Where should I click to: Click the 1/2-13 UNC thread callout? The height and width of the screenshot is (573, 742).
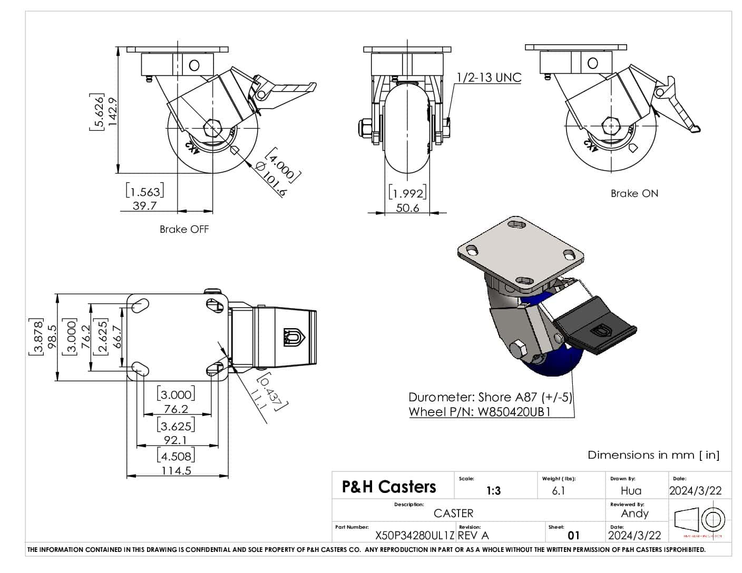point(489,77)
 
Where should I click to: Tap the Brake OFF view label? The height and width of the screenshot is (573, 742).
point(184,229)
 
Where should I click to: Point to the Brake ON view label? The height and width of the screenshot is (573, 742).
point(634,193)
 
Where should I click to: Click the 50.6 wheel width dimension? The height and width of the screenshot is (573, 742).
point(407,208)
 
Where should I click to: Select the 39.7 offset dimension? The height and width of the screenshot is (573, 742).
point(144,205)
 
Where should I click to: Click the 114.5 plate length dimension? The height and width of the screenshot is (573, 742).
point(176,470)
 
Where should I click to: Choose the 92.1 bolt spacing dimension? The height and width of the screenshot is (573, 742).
point(176,440)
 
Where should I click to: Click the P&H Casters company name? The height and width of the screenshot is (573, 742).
point(389,487)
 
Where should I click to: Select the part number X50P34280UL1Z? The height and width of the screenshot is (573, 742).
point(414,536)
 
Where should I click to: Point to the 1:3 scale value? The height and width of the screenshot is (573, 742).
point(493,491)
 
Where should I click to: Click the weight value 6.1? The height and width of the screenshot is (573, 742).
point(558,491)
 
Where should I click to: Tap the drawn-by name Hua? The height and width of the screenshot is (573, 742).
point(631,491)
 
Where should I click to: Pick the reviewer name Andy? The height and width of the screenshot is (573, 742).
point(634,513)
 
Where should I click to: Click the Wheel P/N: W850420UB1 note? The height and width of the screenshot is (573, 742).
point(480,412)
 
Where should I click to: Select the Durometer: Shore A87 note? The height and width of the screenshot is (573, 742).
point(490,397)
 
